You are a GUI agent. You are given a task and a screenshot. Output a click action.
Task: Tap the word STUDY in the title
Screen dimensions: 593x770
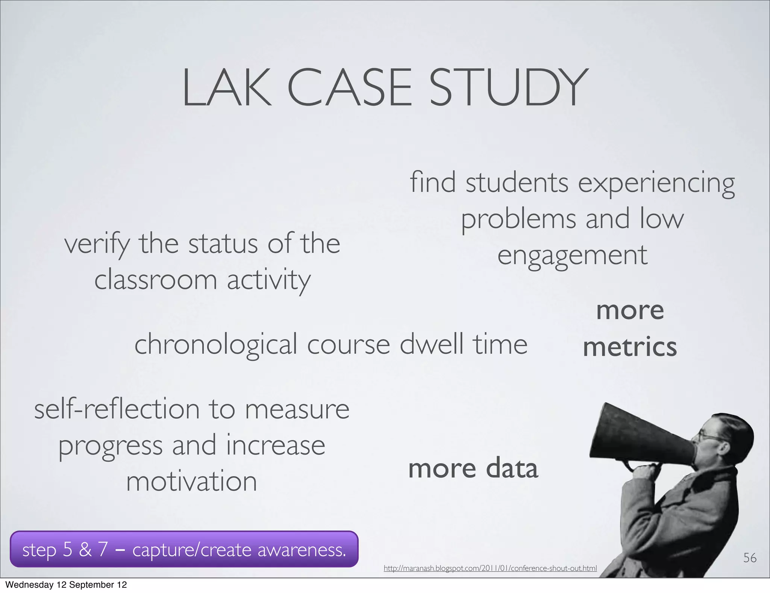point(508,88)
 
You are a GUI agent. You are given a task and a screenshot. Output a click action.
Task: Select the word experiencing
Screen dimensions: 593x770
point(656,183)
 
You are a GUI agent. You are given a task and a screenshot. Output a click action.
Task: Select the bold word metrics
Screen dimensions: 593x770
point(630,347)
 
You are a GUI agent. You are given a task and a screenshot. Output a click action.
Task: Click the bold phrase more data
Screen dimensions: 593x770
point(473,468)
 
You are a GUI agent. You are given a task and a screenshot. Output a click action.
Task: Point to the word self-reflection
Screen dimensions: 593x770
point(117,409)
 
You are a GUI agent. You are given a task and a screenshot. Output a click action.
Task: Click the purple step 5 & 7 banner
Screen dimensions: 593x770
point(184,549)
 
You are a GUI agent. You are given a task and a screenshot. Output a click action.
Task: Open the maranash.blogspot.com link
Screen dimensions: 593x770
point(490,568)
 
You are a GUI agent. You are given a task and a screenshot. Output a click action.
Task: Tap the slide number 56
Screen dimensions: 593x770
point(750,558)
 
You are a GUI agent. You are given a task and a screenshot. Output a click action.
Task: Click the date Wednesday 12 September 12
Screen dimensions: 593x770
point(66,585)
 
